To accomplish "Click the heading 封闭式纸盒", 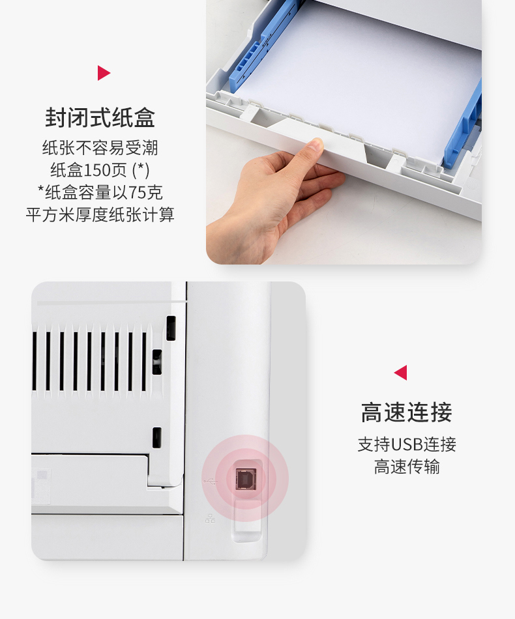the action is pyautogui.click(x=100, y=118).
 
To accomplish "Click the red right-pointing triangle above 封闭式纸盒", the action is pyautogui.click(x=104, y=73).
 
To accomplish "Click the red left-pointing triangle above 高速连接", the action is pyautogui.click(x=401, y=373).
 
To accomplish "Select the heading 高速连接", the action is pyautogui.click(x=406, y=412).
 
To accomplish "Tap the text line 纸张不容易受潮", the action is pyautogui.click(x=100, y=148).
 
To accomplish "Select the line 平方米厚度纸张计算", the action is pyautogui.click(x=100, y=215).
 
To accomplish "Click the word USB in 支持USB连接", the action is pyautogui.click(x=407, y=445).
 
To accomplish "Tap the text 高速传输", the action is pyautogui.click(x=407, y=467).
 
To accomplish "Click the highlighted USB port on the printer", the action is pyautogui.click(x=245, y=478).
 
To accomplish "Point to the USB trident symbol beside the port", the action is pyautogui.click(x=210, y=482).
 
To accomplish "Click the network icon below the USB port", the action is pyautogui.click(x=210, y=519).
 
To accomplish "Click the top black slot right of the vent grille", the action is pyautogui.click(x=171, y=328).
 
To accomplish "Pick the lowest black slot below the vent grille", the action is pyautogui.click(x=157, y=437).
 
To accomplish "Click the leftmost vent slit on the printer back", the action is pyautogui.click(x=35, y=361).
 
